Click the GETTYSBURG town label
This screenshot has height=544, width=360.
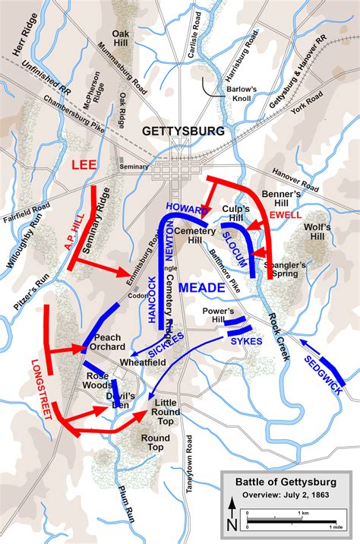click(x=183, y=131)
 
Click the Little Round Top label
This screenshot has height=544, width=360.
click(x=167, y=407)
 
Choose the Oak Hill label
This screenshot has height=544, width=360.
click(x=122, y=39)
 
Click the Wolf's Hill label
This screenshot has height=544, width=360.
click(x=318, y=232)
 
